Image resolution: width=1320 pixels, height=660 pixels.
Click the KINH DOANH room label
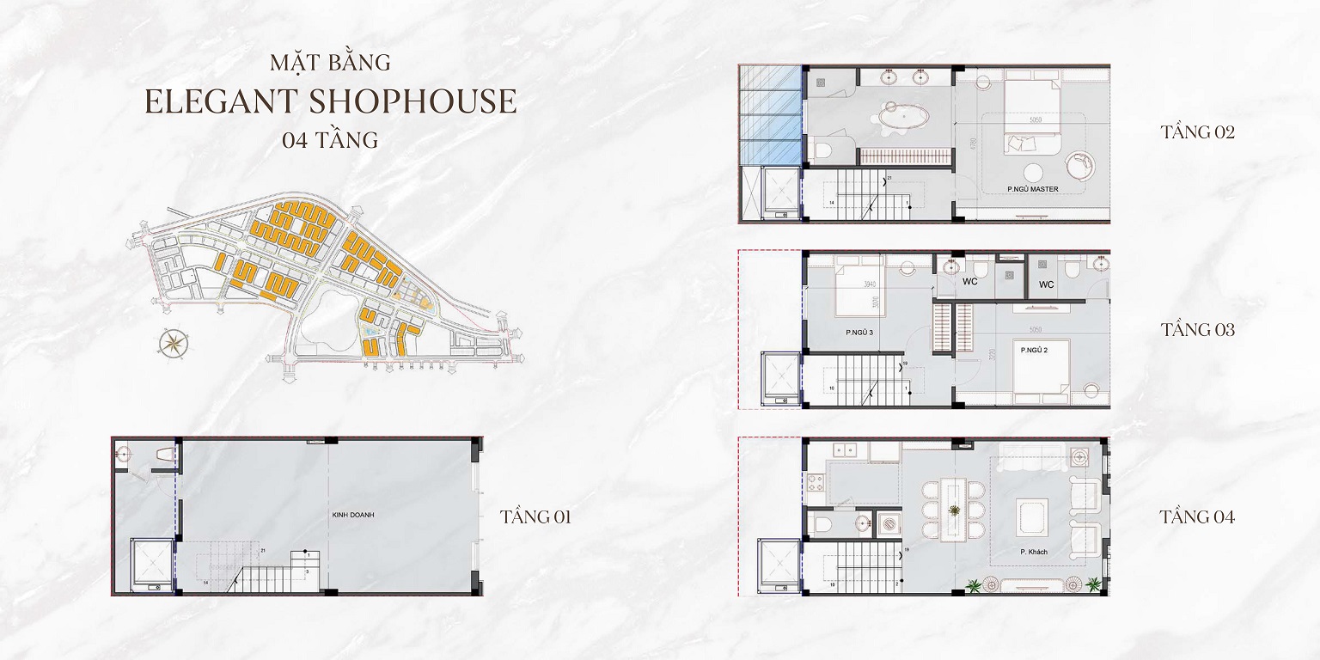click(354, 515)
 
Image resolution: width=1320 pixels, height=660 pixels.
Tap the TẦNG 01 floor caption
click(535, 516)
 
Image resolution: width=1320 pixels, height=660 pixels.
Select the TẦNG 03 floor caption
click(1197, 329)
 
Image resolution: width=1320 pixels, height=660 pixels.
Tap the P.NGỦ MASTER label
click(1033, 188)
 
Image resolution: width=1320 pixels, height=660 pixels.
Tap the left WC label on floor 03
click(970, 282)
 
